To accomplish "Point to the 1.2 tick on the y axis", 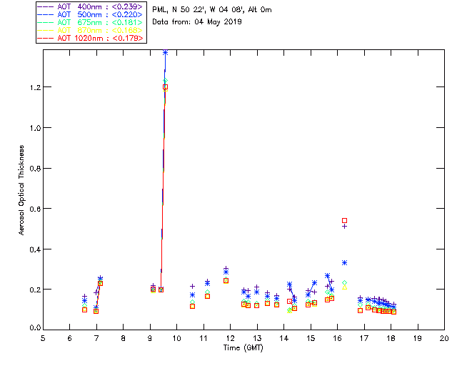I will (x=34, y=87).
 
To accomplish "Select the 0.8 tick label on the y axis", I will (x=34, y=168).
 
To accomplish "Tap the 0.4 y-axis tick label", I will (x=34, y=249).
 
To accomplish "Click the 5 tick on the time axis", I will (x=43, y=338).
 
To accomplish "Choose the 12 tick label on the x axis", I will (x=230, y=338).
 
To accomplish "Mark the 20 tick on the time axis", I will (x=444, y=338).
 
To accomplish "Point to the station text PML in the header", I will (x=159, y=10).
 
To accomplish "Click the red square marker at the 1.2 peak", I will (x=165, y=87).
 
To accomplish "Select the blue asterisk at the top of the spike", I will (x=165, y=52).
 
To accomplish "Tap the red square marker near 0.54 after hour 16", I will (x=344, y=221).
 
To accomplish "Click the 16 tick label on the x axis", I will (x=337, y=338).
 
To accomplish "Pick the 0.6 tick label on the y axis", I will (x=34, y=209).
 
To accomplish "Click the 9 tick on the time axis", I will (x=150, y=338).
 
